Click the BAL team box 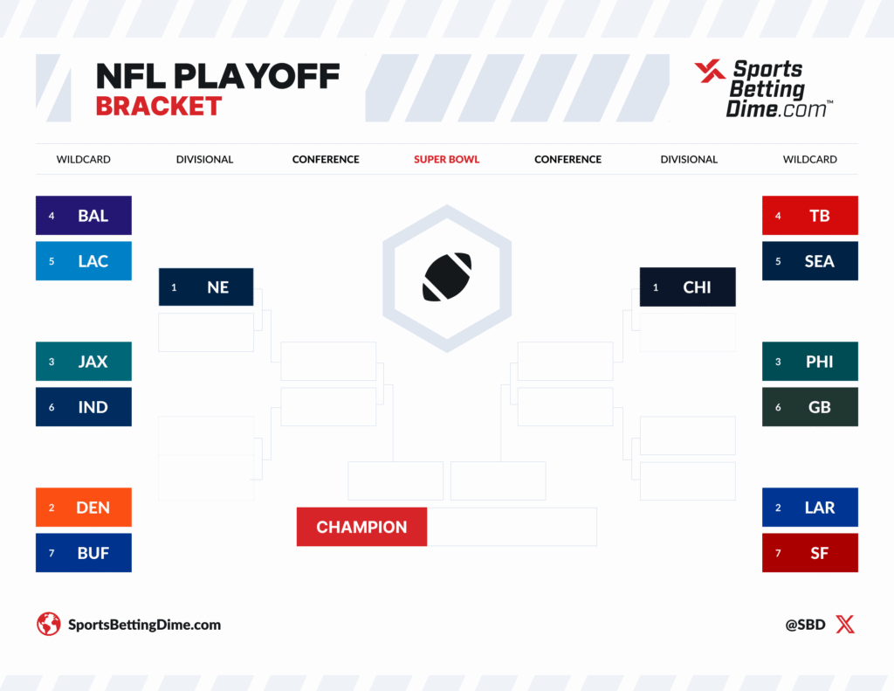(x=83, y=216)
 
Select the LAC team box (x=83, y=261)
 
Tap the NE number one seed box (x=206, y=287)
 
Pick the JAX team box (x=83, y=362)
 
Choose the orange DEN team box (x=83, y=508)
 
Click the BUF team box (x=83, y=553)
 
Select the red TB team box (x=809, y=216)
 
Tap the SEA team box (x=809, y=261)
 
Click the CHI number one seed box (x=687, y=287)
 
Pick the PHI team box (x=809, y=362)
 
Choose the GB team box (x=809, y=407)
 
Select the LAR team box (x=809, y=508)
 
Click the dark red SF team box (x=809, y=553)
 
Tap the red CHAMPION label (x=361, y=527)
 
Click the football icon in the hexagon (x=447, y=277)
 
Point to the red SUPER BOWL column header (x=446, y=160)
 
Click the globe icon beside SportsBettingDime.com (x=48, y=625)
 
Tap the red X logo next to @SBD (x=844, y=625)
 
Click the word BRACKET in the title (x=158, y=107)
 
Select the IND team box (x=83, y=407)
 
